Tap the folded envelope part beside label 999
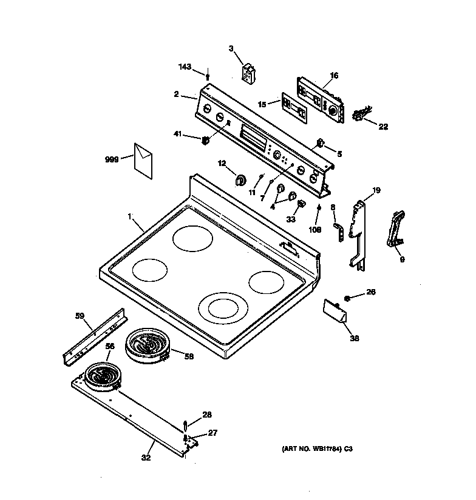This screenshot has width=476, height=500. (x=144, y=161)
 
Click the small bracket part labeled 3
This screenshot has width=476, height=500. (x=248, y=73)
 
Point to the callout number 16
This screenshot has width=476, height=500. (x=334, y=76)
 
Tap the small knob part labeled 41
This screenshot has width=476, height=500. (x=205, y=141)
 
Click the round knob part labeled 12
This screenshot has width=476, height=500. (x=240, y=179)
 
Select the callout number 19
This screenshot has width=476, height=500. (x=376, y=190)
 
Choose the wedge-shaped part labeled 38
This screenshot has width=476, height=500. (x=335, y=310)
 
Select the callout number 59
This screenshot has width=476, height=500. (x=79, y=315)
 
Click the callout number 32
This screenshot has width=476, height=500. (x=146, y=458)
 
